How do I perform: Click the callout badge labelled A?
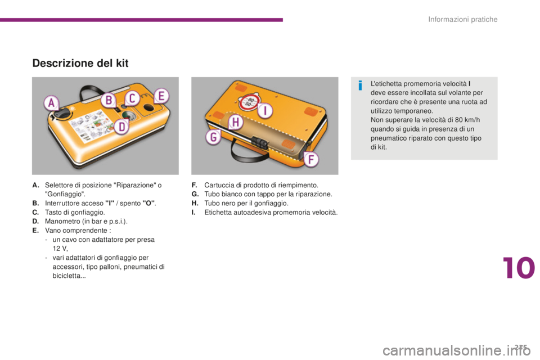click(51, 103)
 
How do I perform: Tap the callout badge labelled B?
click(109, 101)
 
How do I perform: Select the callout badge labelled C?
click(133, 98)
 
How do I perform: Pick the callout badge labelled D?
click(121, 127)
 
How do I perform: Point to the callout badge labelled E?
click(160, 96)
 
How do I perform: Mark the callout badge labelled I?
click(265, 111)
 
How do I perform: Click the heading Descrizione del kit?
click(80, 64)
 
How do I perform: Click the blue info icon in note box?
click(359, 85)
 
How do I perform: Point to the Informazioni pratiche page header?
click(463, 20)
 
